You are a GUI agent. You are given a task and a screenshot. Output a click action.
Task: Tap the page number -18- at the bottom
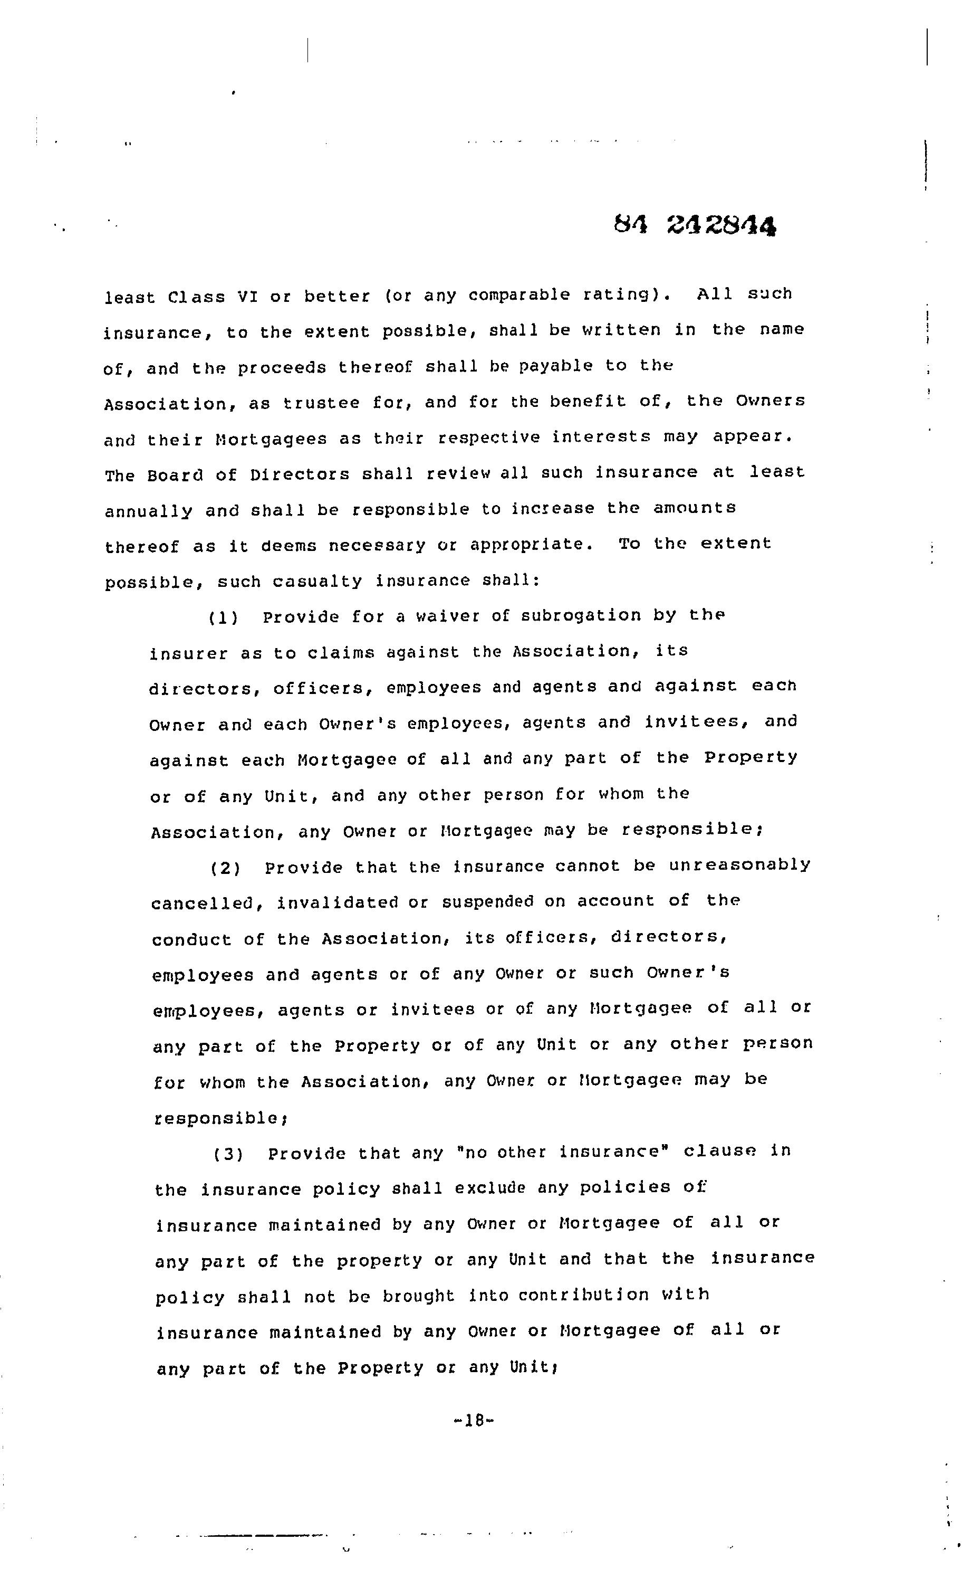473,1421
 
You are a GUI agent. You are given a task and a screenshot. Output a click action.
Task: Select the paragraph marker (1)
224,618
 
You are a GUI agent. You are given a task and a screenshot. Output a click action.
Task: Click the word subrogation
580,616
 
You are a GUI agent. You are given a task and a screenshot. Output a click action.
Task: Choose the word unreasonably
740,865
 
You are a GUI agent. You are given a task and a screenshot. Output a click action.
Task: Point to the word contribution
583,1295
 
